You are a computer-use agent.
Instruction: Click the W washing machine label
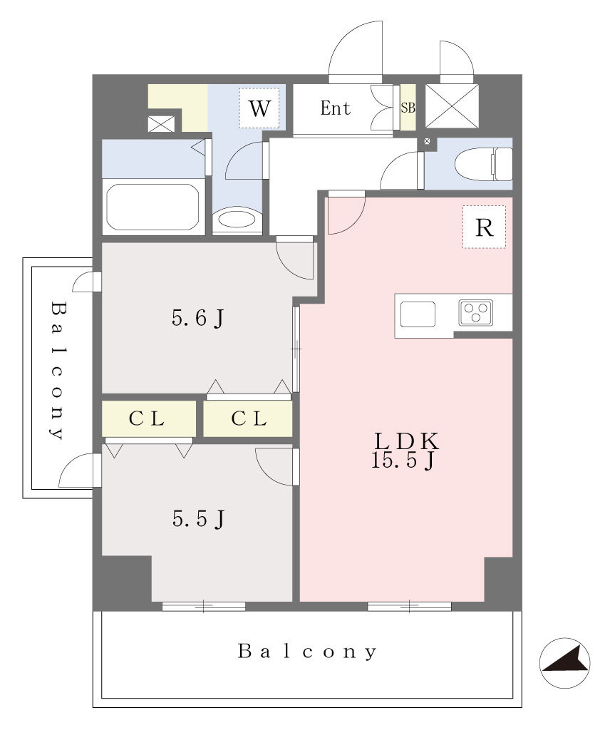coord(259,108)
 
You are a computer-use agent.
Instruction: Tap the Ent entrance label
coord(335,108)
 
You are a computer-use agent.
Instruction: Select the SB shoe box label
coord(408,108)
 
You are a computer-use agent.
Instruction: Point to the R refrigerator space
coord(484,227)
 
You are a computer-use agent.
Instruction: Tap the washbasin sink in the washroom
coord(237,219)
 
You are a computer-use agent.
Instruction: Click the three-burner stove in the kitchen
coord(475,312)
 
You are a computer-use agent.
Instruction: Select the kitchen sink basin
coord(418,314)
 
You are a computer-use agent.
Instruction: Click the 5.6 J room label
coord(198,319)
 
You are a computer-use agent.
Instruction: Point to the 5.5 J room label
coord(199,519)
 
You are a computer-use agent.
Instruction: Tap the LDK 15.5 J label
coord(405,451)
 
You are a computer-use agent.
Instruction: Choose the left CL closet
coord(148,418)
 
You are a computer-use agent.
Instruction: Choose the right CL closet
coord(247,418)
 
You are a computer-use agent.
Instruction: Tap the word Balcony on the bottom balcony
coord(307,652)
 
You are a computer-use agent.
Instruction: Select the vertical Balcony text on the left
coord(58,371)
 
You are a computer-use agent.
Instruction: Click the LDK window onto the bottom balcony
coord(410,606)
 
